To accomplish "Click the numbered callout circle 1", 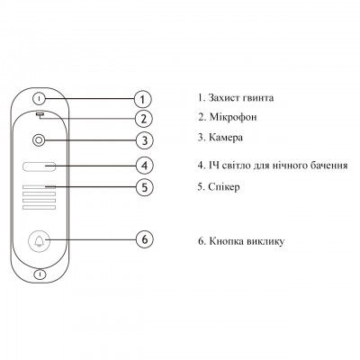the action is (x=143, y=99).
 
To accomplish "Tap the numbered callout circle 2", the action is (x=144, y=119).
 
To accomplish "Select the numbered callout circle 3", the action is (x=144, y=140).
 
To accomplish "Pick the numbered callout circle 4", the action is (x=145, y=166).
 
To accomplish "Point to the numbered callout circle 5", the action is (x=145, y=187).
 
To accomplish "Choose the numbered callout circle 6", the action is (x=145, y=239).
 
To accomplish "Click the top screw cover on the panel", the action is (x=40, y=98).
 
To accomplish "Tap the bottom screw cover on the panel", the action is (x=40, y=274).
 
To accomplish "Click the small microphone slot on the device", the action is (x=40, y=114).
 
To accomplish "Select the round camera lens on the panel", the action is (x=39, y=140).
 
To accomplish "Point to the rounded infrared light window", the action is (x=39, y=166).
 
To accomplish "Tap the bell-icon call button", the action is (x=39, y=241).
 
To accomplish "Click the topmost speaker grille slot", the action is (x=39, y=187).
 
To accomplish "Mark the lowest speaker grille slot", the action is (x=39, y=208).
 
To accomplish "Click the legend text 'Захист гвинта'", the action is (x=241, y=98).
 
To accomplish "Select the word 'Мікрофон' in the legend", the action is (x=233, y=117).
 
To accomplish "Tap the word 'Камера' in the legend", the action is (x=226, y=138).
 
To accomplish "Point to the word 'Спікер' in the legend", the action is (x=224, y=187).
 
